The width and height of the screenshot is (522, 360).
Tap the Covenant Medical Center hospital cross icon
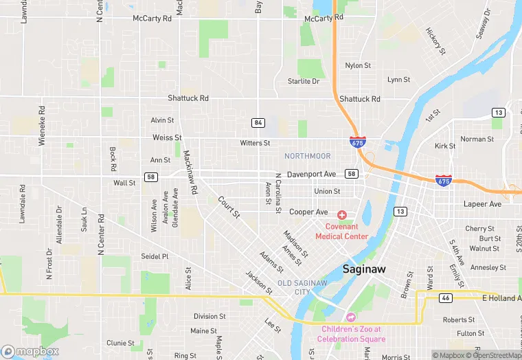[342, 216]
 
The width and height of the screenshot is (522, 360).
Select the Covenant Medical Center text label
[342, 232]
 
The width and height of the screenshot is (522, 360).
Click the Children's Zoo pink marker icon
[351, 317]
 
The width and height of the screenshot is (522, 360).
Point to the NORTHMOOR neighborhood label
[307, 157]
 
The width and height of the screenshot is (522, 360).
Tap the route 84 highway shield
[258, 122]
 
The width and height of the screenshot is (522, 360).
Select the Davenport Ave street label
[311, 175]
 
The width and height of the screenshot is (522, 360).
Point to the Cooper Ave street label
[308, 212]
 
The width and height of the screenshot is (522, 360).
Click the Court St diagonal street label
[229, 207]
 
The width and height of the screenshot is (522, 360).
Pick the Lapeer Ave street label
[482, 204]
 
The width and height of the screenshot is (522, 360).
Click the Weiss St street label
[167, 137]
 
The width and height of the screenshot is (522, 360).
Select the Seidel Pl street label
[155, 256]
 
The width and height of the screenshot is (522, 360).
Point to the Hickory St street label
[435, 41]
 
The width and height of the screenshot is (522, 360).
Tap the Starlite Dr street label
[304, 81]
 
